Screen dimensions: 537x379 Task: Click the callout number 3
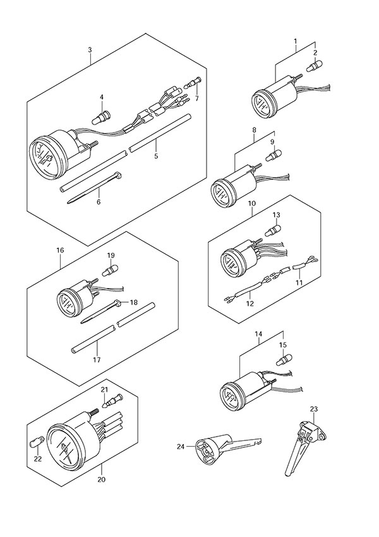pyautogui.click(x=90, y=49)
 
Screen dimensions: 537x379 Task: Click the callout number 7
pyautogui.click(x=196, y=99)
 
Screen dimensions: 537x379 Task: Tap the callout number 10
pyautogui.click(x=251, y=204)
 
